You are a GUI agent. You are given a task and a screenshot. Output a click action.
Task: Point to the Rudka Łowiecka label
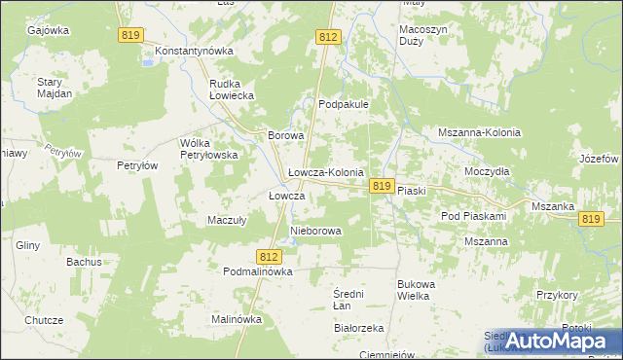(x=232, y=90)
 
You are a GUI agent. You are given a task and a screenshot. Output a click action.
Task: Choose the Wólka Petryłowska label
(x=209, y=149)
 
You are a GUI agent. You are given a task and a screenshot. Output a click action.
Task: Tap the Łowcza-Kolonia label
(x=326, y=172)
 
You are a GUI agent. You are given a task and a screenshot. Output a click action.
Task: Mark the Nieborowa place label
(x=316, y=232)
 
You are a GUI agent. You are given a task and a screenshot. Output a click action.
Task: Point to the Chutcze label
(x=44, y=320)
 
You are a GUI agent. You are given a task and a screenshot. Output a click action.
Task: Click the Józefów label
(x=599, y=159)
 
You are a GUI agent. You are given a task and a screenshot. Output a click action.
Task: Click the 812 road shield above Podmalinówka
(x=271, y=256)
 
